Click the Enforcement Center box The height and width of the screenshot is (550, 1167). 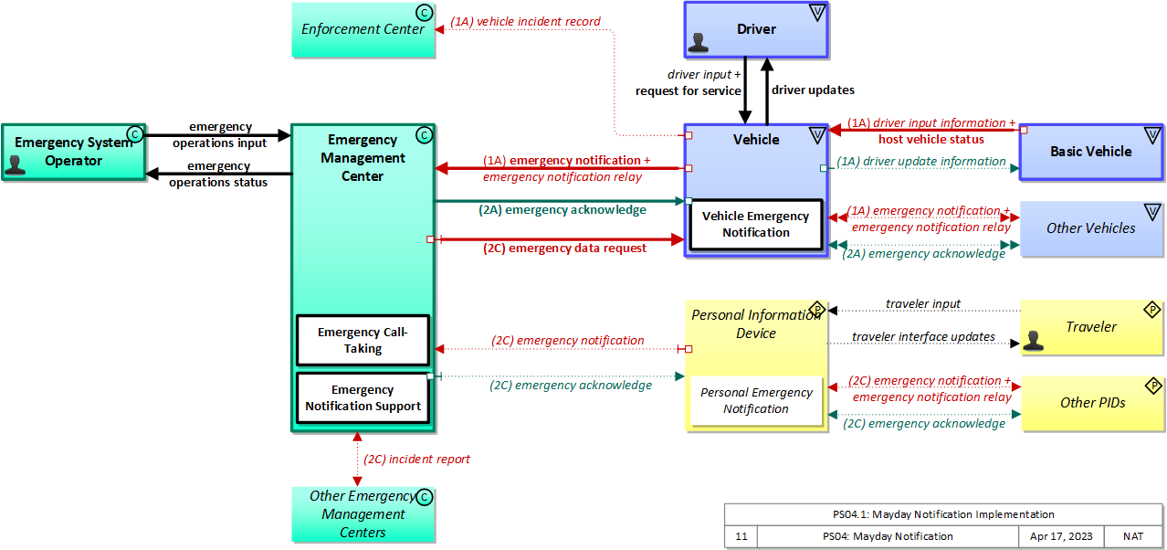tap(363, 29)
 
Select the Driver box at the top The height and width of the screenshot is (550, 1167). tap(756, 29)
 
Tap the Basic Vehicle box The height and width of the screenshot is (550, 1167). tap(1090, 152)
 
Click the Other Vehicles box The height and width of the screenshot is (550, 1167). tap(1090, 228)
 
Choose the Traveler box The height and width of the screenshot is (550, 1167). tap(1091, 327)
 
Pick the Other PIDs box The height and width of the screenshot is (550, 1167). tap(1092, 403)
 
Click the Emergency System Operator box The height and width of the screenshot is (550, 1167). tap(73, 152)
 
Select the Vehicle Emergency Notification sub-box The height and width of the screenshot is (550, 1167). tap(755, 225)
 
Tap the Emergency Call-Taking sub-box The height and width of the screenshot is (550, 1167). tap(363, 341)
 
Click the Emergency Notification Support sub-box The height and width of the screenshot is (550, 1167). tap(363, 398)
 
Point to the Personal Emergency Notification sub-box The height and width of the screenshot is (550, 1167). tap(755, 401)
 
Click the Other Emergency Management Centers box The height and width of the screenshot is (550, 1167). tap(363, 514)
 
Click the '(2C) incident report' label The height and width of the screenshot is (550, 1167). tap(417, 460)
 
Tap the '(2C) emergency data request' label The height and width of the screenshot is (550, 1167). tap(564, 248)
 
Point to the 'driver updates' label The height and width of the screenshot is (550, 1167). tap(813, 90)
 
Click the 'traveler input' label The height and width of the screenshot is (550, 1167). tap(922, 304)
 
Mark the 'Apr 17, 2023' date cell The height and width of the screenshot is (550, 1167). tap(1060, 537)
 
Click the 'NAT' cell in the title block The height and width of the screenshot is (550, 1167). tap(1132, 537)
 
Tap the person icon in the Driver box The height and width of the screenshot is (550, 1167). tap(700, 42)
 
